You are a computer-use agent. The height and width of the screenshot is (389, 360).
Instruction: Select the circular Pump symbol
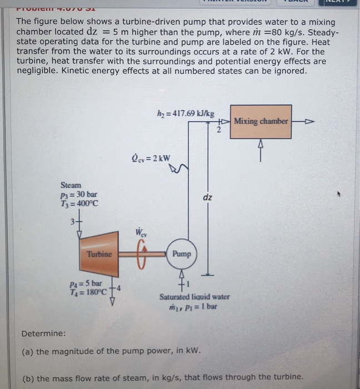tap(181, 254)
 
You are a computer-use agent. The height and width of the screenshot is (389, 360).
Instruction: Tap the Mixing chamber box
tap(261, 121)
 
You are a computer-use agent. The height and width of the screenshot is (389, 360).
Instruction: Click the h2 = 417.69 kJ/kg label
tap(185, 114)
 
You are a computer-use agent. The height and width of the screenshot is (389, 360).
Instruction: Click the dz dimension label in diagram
tap(207, 197)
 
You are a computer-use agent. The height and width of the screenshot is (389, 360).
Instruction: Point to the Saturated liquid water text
tap(194, 297)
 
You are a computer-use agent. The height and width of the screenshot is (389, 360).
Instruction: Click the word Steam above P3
tap(71, 185)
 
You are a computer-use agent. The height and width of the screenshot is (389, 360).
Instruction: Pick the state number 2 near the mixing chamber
tap(219, 129)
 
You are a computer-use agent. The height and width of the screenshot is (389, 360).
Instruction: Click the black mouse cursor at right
tap(336, 195)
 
